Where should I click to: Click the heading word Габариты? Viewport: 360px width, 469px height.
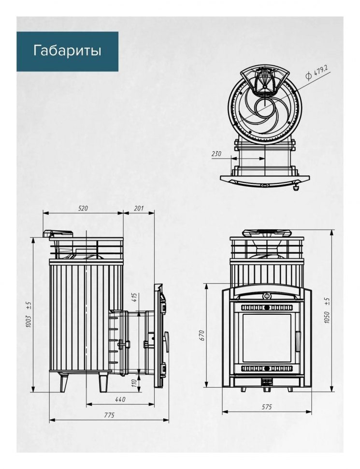coord(67,51)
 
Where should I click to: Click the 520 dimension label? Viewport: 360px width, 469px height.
coord(83,208)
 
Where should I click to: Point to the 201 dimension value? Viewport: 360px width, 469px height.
coord(139,208)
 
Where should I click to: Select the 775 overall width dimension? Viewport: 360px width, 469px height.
coord(109,415)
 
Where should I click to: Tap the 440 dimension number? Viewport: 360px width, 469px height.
coord(120,399)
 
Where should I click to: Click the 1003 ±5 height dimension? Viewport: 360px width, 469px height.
coord(29,314)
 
